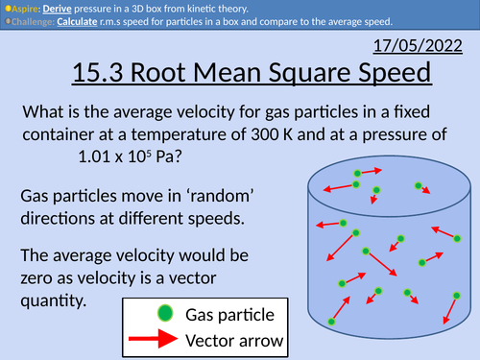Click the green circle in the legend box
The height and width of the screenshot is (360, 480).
[x=164, y=314]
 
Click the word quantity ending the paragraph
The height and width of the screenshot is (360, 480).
[x=53, y=301]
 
